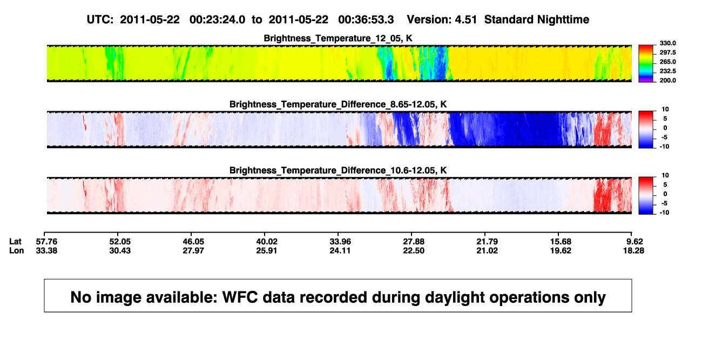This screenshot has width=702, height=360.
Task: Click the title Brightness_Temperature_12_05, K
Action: (x=338, y=38)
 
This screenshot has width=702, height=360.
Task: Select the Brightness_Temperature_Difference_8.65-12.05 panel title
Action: (x=338, y=104)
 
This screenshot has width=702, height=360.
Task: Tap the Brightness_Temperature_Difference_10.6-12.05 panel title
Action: (x=338, y=171)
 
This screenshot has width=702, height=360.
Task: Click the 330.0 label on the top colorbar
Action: (x=667, y=43)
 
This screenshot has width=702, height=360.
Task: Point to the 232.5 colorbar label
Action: (x=667, y=71)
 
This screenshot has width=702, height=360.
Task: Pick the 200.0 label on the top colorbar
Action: (x=667, y=80)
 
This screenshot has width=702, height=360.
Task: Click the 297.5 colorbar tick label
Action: (x=667, y=53)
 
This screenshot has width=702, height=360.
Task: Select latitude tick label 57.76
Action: (x=46, y=242)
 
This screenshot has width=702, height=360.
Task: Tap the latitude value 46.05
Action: (x=193, y=242)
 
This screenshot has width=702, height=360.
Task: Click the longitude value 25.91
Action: (x=267, y=250)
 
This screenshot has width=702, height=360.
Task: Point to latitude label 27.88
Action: (x=414, y=242)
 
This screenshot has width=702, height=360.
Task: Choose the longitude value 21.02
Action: (x=487, y=250)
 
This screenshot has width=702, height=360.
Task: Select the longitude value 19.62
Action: (x=561, y=250)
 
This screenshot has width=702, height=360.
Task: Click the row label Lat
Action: (x=15, y=242)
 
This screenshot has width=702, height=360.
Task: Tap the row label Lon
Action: (x=17, y=250)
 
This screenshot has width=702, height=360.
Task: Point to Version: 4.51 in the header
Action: (x=442, y=19)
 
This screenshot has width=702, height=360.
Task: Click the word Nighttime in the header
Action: (x=563, y=20)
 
